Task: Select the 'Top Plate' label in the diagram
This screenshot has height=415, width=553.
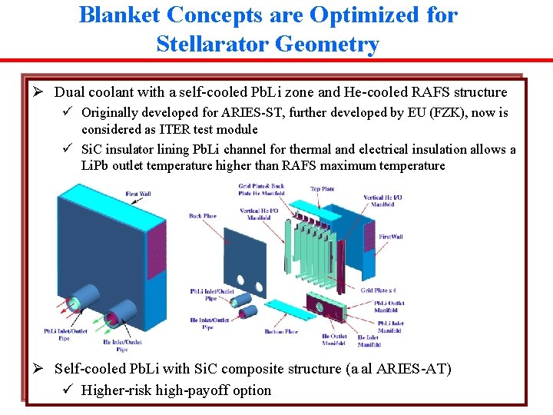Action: pos(322,188)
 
